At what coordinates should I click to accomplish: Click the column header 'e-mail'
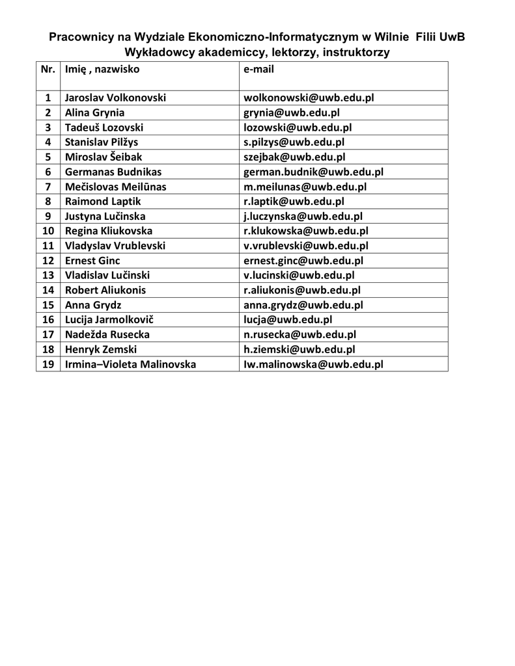tap(259, 69)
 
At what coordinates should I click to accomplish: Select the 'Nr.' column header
tap(48, 69)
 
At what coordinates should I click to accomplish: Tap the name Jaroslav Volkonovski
tap(115, 98)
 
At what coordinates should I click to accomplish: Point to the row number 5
tap(48, 157)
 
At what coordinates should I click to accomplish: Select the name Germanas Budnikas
tap(113, 172)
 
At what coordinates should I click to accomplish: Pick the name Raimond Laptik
tap(103, 202)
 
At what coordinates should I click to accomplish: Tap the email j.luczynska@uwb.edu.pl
tap(303, 217)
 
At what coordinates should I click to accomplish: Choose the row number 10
tap(48, 232)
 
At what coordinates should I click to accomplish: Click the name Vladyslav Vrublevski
tap(115, 246)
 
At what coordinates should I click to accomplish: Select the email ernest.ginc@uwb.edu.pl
tap(303, 261)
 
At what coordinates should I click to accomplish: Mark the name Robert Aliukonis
tap(105, 291)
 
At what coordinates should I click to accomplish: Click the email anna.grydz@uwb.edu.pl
tap(303, 305)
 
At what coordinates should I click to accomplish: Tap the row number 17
tap(48, 335)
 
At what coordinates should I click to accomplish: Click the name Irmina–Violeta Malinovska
tap(130, 365)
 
